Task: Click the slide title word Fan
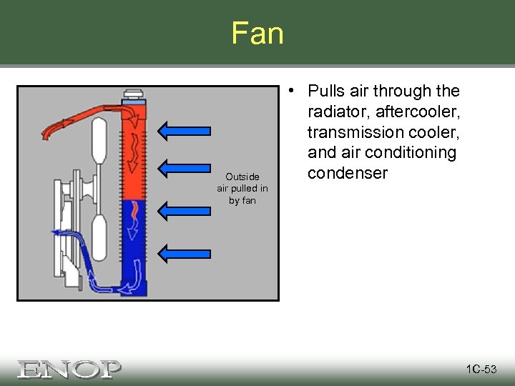point(257,34)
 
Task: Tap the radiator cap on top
point(133,94)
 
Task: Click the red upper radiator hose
point(79,117)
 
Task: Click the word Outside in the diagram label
point(243,177)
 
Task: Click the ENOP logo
point(69,369)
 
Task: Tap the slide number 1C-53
point(481,370)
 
